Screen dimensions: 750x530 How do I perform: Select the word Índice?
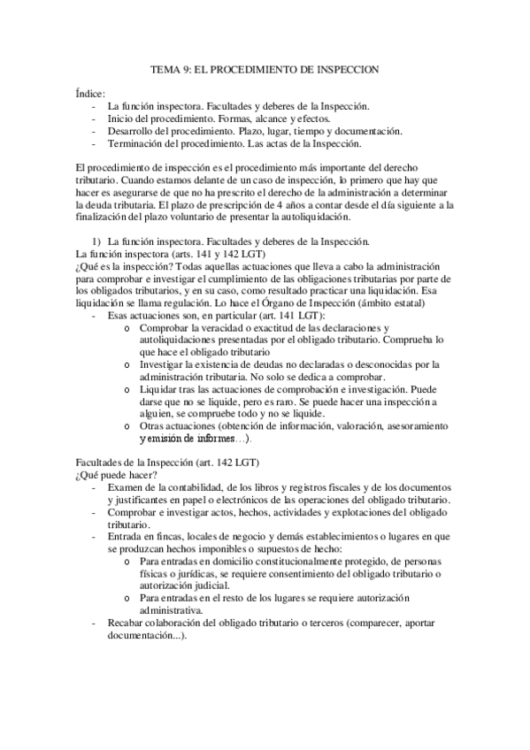[92, 93]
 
